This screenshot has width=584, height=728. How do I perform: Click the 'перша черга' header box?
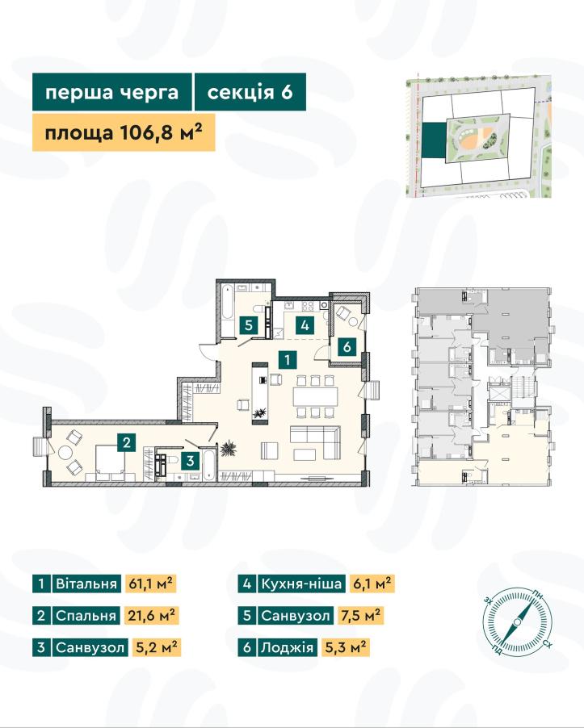coord(112,92)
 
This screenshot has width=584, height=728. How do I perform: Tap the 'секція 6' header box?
coord(250,92)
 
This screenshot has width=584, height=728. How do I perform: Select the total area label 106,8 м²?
coord(124,132)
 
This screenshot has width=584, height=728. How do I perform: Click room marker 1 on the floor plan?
coord(288,359)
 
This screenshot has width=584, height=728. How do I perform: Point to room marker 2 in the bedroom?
coord(126,442)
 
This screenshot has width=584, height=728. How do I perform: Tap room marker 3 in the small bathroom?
coord(190,461)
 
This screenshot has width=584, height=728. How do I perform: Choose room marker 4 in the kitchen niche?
coord(305,325)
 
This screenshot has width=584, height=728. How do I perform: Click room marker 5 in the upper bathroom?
coord(249,325)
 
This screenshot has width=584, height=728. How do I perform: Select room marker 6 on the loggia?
coord(347,346)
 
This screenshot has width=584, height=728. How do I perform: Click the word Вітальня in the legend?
coord(86,584)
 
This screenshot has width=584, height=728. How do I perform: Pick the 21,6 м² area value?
coord(152,616)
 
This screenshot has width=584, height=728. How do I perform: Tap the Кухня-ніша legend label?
coord(301,584)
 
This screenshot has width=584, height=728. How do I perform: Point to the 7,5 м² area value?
coord(360,616)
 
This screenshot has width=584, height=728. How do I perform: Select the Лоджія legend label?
coord(287,647)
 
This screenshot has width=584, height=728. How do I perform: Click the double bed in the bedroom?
coord(111,462)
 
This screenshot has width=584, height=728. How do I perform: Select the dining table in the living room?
coord(316,397)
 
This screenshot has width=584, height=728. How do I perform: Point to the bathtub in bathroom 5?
coord(226,309)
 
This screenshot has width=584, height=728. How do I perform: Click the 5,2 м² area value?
coord(157,647)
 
